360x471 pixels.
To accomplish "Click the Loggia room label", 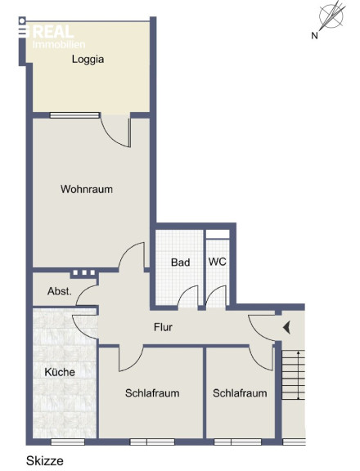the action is tap(88, 59).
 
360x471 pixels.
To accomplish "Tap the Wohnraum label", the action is tap(87, 189).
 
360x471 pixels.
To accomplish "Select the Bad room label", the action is tap(180, 262).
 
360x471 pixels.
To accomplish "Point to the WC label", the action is tap(218, 262).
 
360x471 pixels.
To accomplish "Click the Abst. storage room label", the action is tap(60, 291).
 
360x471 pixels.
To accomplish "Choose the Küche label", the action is tap(60, 372).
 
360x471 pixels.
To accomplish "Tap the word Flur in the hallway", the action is tap(163, 327).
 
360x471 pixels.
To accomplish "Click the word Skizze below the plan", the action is tap(45, 461).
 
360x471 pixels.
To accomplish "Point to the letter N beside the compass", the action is tap(314, 36).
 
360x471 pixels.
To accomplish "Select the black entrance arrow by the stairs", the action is tap(286, 327).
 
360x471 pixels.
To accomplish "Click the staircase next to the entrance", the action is tap(293, 375).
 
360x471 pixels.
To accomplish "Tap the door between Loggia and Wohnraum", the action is tap(116, 130).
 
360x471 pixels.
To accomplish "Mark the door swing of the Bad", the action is tap(188, 297).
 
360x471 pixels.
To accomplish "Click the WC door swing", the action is tap(216, 297).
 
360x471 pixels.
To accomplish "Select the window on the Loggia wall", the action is tap(74, 115).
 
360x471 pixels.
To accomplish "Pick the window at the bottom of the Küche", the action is tap(68, 442).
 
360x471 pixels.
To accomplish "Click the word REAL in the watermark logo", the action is tap(53, 32).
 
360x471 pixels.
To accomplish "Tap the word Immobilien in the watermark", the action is tap(59, 44).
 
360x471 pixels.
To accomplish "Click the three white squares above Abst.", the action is tap(84, 273).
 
